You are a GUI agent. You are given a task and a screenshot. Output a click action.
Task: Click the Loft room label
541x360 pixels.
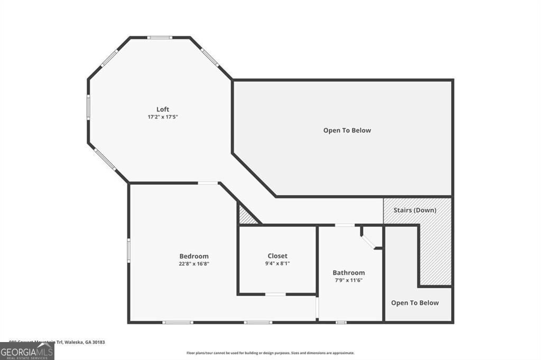pos(163,109)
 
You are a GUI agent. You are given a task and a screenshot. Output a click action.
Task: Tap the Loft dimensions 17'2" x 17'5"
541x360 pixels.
pos(163,117)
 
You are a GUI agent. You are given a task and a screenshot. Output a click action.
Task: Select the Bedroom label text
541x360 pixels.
pos(193,256)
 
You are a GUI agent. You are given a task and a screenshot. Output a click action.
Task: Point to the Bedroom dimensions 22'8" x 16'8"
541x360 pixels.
pos(193,263)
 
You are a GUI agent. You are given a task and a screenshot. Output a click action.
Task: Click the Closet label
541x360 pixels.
pos(277,256)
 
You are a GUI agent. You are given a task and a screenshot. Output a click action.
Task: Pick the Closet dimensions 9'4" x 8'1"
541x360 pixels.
pos(277,263)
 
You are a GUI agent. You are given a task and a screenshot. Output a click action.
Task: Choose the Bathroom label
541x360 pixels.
pos(349,272)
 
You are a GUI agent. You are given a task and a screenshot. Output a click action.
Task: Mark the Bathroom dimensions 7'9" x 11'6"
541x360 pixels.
pos(349,280)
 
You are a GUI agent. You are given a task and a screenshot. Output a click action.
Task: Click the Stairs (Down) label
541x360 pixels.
pos(415,210)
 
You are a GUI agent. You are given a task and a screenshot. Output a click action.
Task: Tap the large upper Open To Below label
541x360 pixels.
pos(347,130)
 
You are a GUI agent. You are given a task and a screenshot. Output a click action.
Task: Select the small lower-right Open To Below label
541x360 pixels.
pos(415,302)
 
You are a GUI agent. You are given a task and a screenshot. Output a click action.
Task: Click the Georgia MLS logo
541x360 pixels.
pos(27,351)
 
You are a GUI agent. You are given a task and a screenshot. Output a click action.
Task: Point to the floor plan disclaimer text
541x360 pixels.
pos(270,353)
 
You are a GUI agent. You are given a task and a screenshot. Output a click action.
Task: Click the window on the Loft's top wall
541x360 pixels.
pos(160,37)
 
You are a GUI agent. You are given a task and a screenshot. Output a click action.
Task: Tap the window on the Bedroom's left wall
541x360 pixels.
pos(128,249)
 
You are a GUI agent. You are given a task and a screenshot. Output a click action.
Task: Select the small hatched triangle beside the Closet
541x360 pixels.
pos(246,217)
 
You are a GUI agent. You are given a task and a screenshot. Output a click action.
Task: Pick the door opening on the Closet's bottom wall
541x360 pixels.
pos(275,294)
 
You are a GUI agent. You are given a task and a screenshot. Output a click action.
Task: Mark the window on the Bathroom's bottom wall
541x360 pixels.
pos(341,322)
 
